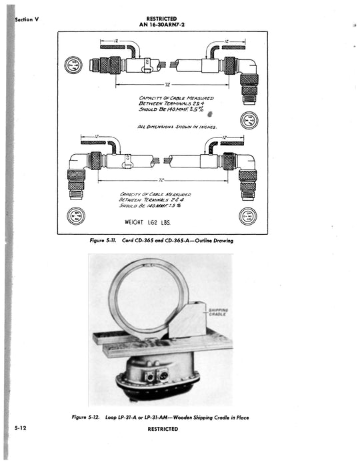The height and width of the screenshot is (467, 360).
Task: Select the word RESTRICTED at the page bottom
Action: (x=163, y=429)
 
